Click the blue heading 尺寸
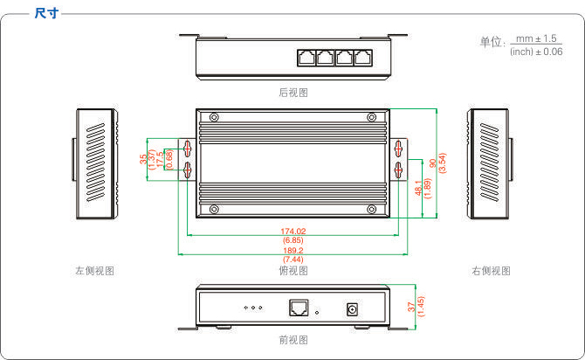click(46, 13)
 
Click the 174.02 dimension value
click(292, 232)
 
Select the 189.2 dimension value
click(292, 251)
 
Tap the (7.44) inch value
click(292, 260)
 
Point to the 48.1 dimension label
click(418, 188)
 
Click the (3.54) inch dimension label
click(442, 163)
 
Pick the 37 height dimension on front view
click(411, 307)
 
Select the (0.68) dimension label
click(169, 159)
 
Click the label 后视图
click(293, 93)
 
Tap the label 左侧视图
click(95, 271)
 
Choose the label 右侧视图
click(491, 271)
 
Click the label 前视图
click(293, 340)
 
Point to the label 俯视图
click(293, 271)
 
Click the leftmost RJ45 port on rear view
click(306, 58)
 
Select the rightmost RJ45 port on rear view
click(363, 58)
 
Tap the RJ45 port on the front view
click(299, 308)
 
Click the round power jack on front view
click(352, 309)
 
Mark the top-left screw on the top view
click(214, 117)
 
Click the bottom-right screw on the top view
click(372, 209)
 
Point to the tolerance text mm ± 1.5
click(536, 38)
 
